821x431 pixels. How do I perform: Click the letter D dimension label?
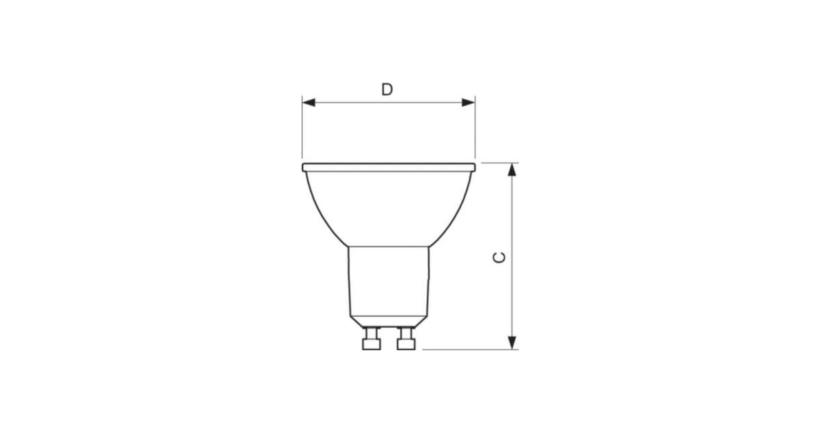point(387,90)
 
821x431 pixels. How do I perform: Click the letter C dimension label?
point(499,258)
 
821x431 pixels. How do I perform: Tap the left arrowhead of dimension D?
point(309,103)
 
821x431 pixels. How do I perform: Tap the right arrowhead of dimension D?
point(469,103)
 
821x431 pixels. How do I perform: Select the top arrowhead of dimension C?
point(512,170)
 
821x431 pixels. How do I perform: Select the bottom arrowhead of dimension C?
point(512,343)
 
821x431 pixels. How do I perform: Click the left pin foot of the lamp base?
point(372,345)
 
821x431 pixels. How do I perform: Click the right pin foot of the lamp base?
point(406,345)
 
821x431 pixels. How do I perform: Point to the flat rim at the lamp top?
point(389,168)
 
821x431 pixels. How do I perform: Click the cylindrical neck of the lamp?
point(389,281)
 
